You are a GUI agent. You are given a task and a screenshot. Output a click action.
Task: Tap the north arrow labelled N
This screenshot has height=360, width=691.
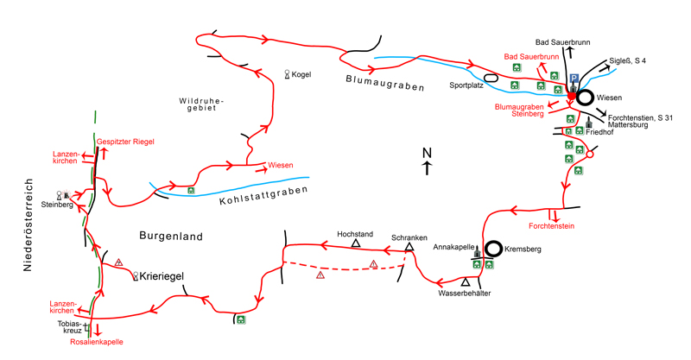pos(426,161)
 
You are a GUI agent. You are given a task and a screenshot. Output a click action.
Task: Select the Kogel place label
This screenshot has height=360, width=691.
pos(299,75)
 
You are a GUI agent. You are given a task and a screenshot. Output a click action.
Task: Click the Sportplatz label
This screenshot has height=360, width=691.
pos(466,86)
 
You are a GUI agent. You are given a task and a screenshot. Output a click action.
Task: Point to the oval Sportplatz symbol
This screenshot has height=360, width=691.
pos(491,78)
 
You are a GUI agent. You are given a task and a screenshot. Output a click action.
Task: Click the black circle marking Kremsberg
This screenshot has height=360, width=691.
pos(492,249)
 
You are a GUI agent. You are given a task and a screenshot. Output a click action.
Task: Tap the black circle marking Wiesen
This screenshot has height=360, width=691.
pos(586,98)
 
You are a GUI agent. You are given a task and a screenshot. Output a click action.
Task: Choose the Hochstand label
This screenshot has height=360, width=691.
pos(354,233)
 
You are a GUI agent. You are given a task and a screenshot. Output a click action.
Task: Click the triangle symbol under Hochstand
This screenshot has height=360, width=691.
pos(355,244)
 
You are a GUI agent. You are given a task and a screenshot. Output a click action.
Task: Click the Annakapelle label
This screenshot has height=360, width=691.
pos(452,248)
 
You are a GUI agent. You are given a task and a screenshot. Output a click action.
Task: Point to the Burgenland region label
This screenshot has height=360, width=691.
pos(170,234)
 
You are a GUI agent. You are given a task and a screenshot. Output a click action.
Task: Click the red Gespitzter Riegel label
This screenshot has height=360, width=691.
pos(126,141)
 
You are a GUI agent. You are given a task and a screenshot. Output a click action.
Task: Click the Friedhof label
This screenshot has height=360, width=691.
pos(599,134)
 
